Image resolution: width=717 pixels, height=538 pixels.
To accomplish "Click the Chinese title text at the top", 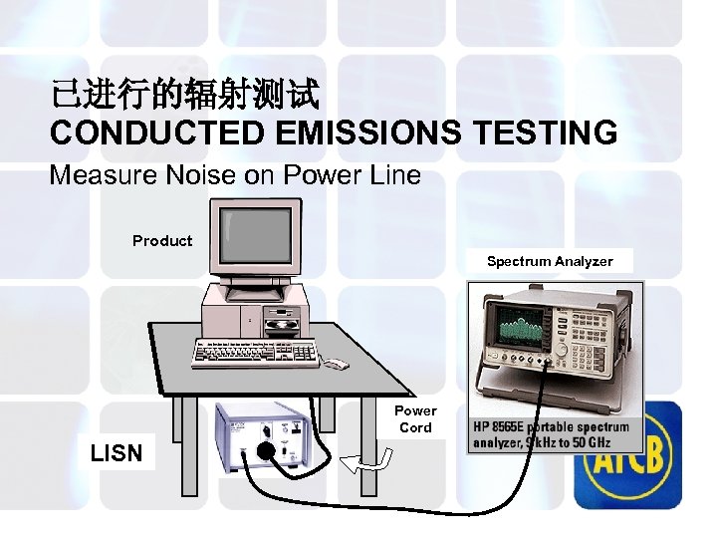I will pos(185,96).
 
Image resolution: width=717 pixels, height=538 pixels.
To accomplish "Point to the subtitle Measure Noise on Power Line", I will pos(235,176).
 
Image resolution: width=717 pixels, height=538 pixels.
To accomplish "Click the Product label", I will pos(162,240).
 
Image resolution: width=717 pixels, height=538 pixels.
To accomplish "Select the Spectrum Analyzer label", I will pos(549,261).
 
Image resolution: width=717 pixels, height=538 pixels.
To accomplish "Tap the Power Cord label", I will pos(415,418).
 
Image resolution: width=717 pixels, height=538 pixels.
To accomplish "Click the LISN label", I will pos(116,453).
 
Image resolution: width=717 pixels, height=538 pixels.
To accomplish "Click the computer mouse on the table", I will pos(336,364).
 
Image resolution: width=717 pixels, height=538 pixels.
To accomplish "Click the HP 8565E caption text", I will pos(551,434).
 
